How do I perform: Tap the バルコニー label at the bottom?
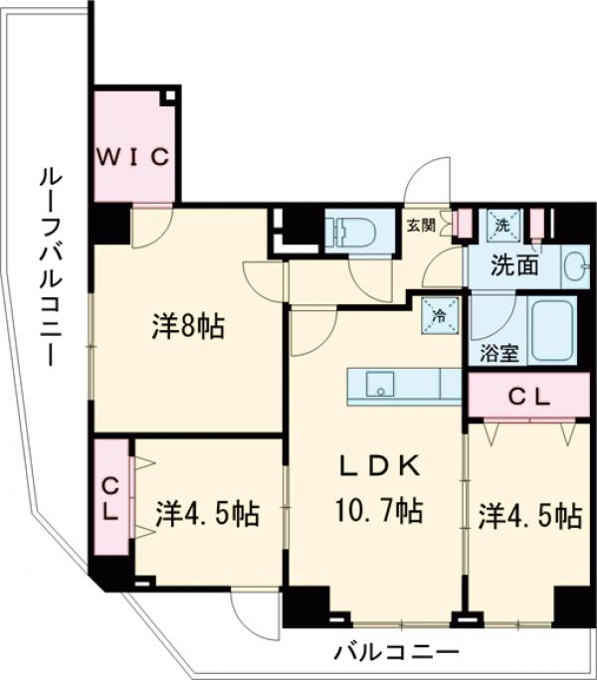[x=396, y=652]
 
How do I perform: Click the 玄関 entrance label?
[x=419, y=225]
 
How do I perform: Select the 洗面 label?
[x=515, y=266]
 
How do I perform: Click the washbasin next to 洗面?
[x=573, y=265]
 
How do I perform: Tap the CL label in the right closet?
[x=529, y=396]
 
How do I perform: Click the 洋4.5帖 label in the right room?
[x=529, y=515]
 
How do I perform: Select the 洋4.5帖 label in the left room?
[x=208, y=514]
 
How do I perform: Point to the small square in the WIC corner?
[x=170, y=97]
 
